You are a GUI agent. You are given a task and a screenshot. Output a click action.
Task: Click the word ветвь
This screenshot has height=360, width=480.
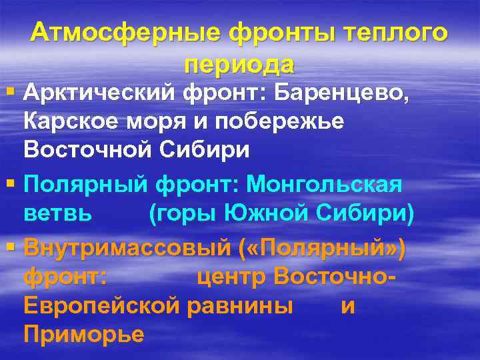pos(57,214)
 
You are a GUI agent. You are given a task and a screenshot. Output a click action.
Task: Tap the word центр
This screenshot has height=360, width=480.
pos(232,276)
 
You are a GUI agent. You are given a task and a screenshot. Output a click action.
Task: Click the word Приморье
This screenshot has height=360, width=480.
pos(83,335)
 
